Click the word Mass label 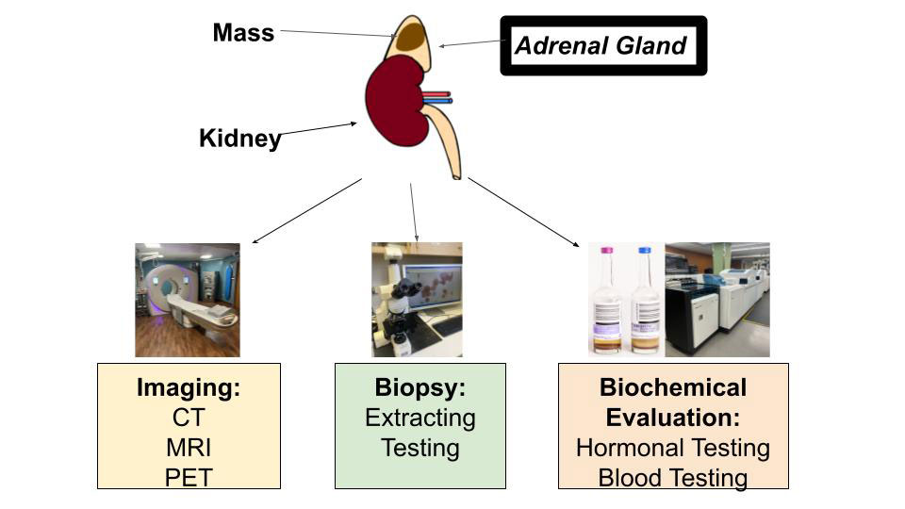[243, 33]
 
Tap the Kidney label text [240, 139]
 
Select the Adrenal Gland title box [603, 45]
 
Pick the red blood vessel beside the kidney [436, 93]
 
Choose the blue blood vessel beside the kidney [437, 101]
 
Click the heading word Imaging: [189, 387]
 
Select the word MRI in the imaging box [189, 448]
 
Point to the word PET [189, 478]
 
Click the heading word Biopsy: [420, 387]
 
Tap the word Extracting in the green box [420, 418]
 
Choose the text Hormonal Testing [673, 448]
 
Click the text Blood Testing [673, 478]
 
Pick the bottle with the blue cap [645, 300]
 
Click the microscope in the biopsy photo [396, 312]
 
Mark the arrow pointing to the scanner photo [307, 210]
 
